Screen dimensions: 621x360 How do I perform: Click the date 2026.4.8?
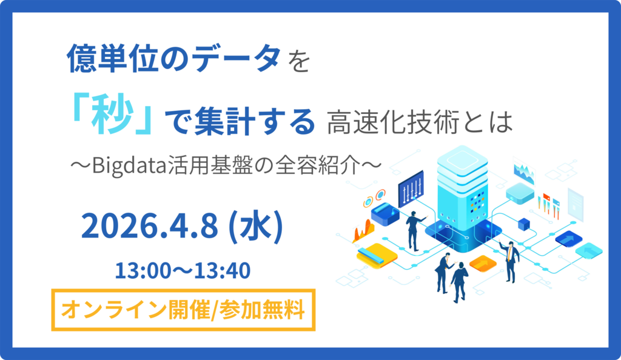(149, 225)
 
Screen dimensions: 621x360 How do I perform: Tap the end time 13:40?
(223, 271)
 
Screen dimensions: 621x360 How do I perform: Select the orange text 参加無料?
(261, 310)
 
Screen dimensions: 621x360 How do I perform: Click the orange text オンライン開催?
(135, 310)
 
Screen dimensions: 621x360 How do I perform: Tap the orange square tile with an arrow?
(483, 262)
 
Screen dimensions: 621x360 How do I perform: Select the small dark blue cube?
(524, 224)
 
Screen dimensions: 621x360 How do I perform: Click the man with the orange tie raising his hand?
(510, 261)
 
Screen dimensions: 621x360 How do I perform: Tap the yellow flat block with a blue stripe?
(377, 256)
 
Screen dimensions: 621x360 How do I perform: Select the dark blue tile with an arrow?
(568, 239)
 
